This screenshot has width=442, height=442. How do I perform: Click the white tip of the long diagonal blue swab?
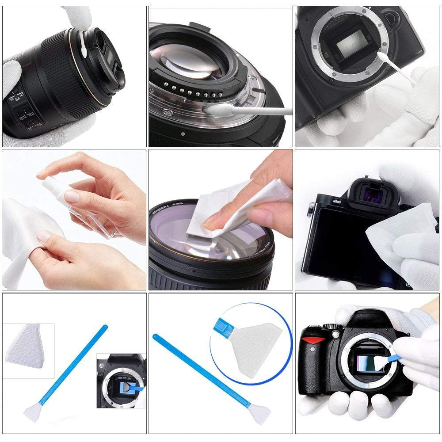point(260,416)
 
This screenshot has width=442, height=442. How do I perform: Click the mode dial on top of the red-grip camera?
point(329,326)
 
